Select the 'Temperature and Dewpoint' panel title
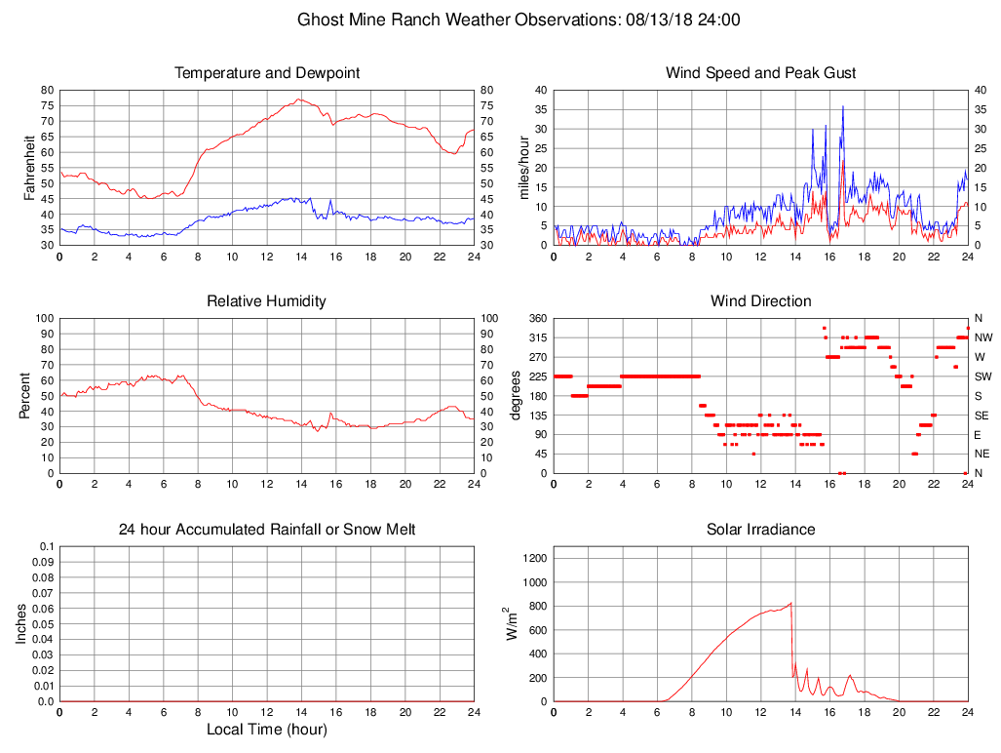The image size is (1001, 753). click(x=267, y=73)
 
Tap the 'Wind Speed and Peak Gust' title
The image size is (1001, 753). click(x=760, y=73)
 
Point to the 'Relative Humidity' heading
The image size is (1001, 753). click(x=266, y=301)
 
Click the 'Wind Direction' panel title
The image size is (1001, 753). click(x=760, y=301)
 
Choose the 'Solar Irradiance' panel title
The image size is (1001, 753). click(x=760, y=530)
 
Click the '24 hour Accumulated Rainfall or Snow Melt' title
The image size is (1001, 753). click(x=267, y=530)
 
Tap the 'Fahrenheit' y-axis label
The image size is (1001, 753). click(x=29, y=167)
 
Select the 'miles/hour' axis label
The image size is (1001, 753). click(x=522, y=167)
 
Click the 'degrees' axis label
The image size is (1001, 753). click(x=517, y=395)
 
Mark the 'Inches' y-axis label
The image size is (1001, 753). click(x=21, y=623)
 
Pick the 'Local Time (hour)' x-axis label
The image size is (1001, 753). click(x=266, y=730)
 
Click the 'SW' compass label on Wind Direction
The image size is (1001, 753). click(x=983, y=376)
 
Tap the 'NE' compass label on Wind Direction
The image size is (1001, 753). click(x=982, y=454)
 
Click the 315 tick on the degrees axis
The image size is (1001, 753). click(x=537, y=337)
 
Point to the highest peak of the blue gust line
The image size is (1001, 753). click(x=843, y=106)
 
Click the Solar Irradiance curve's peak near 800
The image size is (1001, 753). click(x=790, y=603)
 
